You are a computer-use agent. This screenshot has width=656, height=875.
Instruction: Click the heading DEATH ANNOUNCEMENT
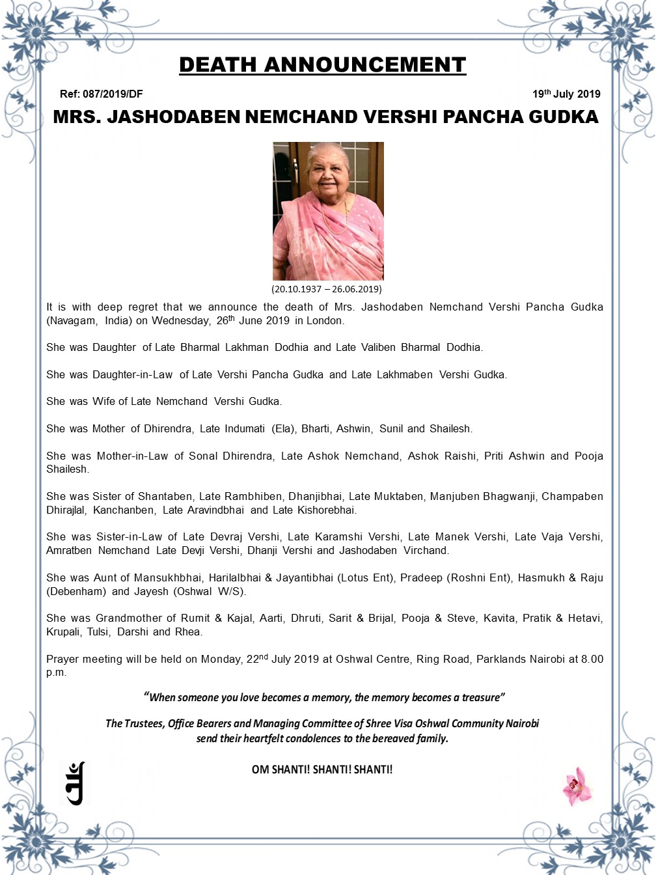coord(322,65)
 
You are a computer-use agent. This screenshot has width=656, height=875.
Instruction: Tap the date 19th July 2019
coord(566,94)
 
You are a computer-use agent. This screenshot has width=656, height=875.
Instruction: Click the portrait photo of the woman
coord(328,211)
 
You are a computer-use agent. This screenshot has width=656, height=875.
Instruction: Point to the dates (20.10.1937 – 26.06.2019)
coord(327,288)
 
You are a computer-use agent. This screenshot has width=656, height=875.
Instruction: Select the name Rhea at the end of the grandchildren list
coord(188,632)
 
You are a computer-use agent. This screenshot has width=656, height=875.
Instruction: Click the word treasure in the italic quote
coord(482,697)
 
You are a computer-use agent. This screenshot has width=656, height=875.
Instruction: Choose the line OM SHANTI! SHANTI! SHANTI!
coord(322,769)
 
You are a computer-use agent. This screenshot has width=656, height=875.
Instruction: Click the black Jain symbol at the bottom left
coord(75,783)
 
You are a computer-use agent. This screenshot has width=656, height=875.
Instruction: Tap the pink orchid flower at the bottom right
coord(577,785)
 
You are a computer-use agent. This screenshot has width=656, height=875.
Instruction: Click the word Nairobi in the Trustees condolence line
coord(521,723)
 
